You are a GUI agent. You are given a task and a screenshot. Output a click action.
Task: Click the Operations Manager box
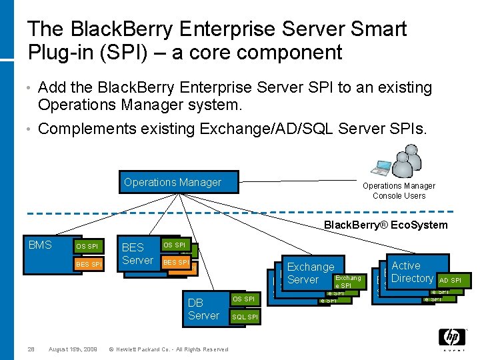[x=179, y=183]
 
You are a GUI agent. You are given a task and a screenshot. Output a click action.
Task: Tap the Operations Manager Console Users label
[x=399, y=191]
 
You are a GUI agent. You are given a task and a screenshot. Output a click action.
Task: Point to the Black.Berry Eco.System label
[x=385, y=225]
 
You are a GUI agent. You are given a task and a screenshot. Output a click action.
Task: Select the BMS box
[x=41, y=245]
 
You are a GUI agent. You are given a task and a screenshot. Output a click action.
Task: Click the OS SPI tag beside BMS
[x=87, y=247]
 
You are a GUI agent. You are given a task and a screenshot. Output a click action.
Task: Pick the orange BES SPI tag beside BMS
[x=89, y=265]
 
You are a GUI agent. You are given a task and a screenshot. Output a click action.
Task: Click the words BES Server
[x=137, y=254]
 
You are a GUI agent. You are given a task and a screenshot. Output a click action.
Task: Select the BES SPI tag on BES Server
[x=176, y=263]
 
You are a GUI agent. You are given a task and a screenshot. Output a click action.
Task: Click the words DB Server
[x=203, y=309]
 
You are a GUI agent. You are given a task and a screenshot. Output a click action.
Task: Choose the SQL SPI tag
[x=244, y=317]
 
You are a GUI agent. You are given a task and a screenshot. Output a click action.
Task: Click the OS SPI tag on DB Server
[x=244, y=299]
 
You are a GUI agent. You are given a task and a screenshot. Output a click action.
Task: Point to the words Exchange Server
[x=310, y=273]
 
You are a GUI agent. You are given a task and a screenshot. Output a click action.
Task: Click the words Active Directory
[x=411, y=272]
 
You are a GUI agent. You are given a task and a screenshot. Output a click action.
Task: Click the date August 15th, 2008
[x=73, y=349]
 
